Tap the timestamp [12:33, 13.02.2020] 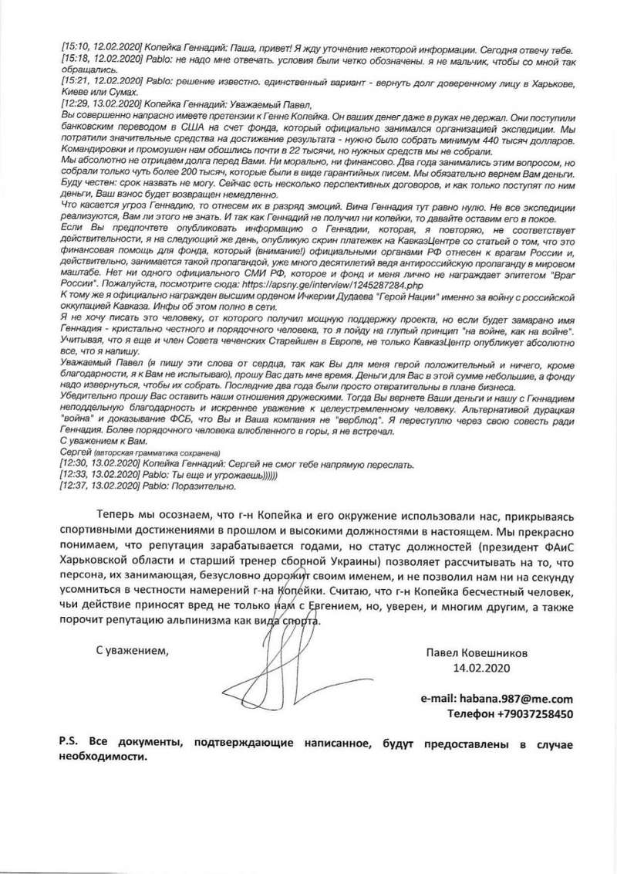[97, 475]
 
